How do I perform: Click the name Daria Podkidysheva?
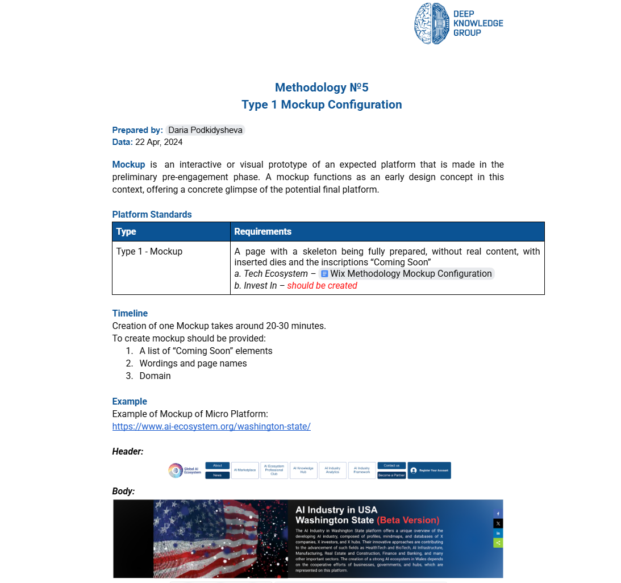coord(205,130)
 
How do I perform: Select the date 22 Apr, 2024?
coord(159,142)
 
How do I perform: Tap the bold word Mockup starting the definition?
coord(128,165)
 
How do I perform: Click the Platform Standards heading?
coord(152,214)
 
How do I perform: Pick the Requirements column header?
coord(262,232)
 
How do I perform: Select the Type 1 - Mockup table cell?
coord(149,251)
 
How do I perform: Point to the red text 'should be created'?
coord(322,285)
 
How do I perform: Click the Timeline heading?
coord(130,313)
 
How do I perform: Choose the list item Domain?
coord(155,376)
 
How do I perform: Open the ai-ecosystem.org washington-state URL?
coord(211,426)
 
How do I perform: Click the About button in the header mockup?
coord(218,465)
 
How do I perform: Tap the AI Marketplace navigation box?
coord(245,470)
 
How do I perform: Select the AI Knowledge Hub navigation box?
coord(303,470)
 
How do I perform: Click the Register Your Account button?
coord(429,470)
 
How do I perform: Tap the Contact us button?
coord(391,465)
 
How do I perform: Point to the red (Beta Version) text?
coord(408,520)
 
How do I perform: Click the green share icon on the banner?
coord(498,543)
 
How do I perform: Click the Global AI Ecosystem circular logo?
coord(176,470)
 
